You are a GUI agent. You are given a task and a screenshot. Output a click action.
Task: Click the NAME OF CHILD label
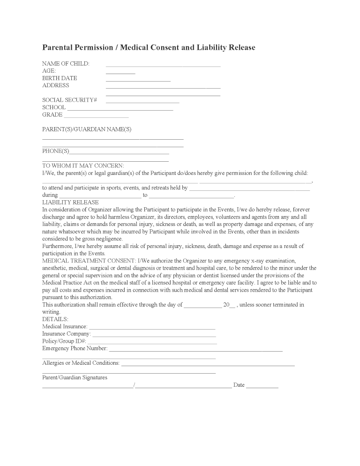tap(66, 64)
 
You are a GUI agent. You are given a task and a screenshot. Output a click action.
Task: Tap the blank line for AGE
tap(120, 73)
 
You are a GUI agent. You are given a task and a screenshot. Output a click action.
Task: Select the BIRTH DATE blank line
tap(138, 81)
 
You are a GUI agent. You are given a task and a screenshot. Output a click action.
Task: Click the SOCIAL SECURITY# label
tap(69, 100)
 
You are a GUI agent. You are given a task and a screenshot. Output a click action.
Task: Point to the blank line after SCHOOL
tap(120, 109)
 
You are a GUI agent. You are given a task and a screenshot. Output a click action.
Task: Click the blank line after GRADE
tap(96, 117)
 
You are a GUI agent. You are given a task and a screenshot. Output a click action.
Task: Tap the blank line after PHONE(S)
tap(119, 153)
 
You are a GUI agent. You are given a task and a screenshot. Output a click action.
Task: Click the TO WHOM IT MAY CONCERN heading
tap(83, 165)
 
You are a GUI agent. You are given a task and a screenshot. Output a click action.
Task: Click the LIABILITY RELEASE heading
tap(70, 203)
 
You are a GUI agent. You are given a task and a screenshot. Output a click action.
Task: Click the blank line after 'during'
tap(100, 196)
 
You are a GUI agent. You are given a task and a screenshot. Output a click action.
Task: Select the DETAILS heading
tap(55, 319)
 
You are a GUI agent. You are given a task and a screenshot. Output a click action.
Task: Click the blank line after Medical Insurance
tap(152, 328)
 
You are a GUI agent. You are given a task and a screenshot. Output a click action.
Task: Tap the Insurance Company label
tap(66, 334)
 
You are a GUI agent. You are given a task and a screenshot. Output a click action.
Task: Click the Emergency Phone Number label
tap(75, 348)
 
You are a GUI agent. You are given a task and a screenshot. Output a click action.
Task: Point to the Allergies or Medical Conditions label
tap(81, 363)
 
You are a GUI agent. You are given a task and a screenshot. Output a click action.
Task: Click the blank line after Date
tap(262, 387)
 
